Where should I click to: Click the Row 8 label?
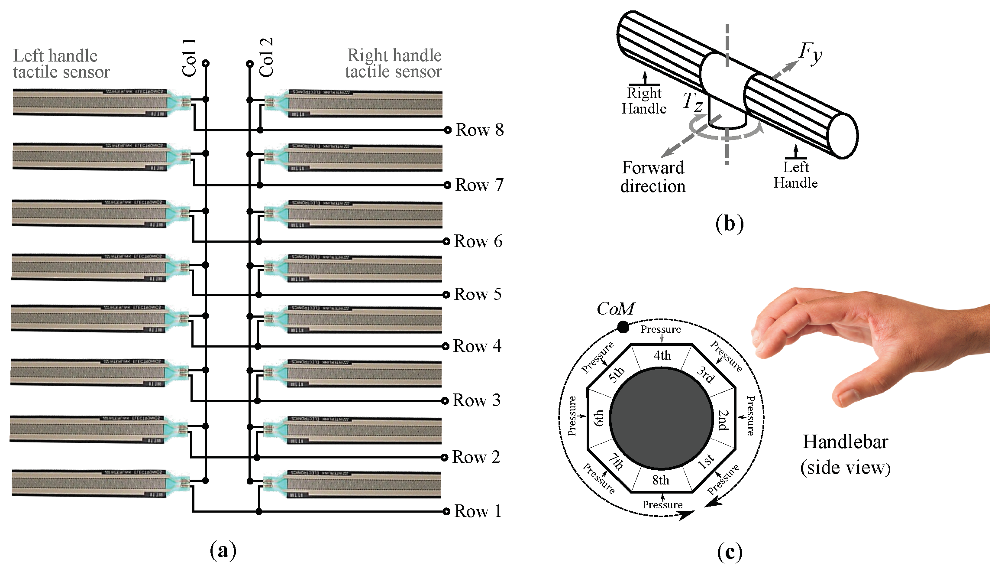[x=479, y=130]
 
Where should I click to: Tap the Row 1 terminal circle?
[x=446, y=511]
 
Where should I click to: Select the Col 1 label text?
[x=189, y=58]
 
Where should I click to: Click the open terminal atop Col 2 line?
[x=249, y=64]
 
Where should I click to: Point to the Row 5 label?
[x=478, y=294]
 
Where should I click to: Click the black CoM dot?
[x=623, y=327]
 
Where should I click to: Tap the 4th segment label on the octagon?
[x=662, y=355]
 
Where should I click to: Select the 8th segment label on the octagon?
[x=661, y=480]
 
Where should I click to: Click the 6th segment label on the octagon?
[x=598, y=418]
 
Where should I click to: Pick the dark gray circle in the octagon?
[x=661, y=418]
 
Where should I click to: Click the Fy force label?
[x=810, y=53]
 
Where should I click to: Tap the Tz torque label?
[x=693, y=102]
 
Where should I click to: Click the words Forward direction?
[x=653, y=177]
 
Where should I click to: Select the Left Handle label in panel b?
[x=796, y=175]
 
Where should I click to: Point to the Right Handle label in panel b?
[x=644, y=101]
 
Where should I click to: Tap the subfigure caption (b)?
[x=729, y=224]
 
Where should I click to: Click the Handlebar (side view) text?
[x=845, y=455]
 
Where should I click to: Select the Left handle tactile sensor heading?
[x=61, y=64]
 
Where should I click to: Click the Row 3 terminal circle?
[x=445, y=401]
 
